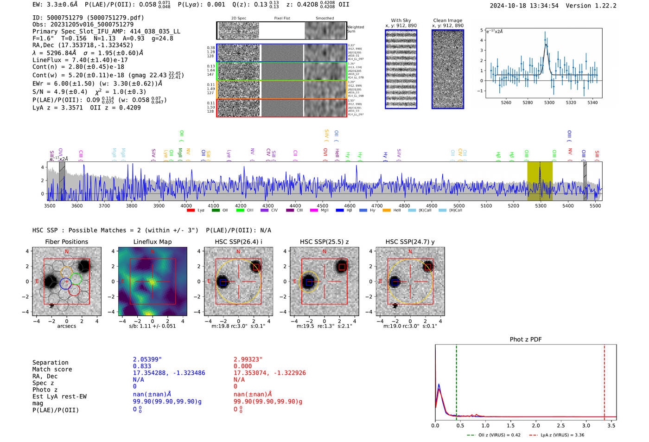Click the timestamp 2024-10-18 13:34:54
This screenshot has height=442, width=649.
524,6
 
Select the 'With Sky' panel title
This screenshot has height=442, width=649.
401,20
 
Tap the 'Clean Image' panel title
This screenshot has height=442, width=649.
447,20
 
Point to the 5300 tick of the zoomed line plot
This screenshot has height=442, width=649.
549,102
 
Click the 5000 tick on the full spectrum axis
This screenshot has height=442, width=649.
459,205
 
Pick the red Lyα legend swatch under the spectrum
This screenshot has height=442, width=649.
191,211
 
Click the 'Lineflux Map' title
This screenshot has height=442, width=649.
153,242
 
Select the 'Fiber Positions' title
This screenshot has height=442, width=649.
66,242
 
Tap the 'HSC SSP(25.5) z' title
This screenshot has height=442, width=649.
324,242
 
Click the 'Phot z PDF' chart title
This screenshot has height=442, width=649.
526,340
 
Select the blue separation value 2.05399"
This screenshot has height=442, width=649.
147,359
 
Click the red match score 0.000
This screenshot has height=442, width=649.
243,366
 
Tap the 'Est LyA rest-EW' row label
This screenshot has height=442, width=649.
59,397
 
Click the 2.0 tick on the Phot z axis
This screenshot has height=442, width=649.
536,425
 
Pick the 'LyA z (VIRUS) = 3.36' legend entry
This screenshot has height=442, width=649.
562,435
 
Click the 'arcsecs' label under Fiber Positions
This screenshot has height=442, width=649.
66,326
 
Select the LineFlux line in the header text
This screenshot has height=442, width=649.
80,60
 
